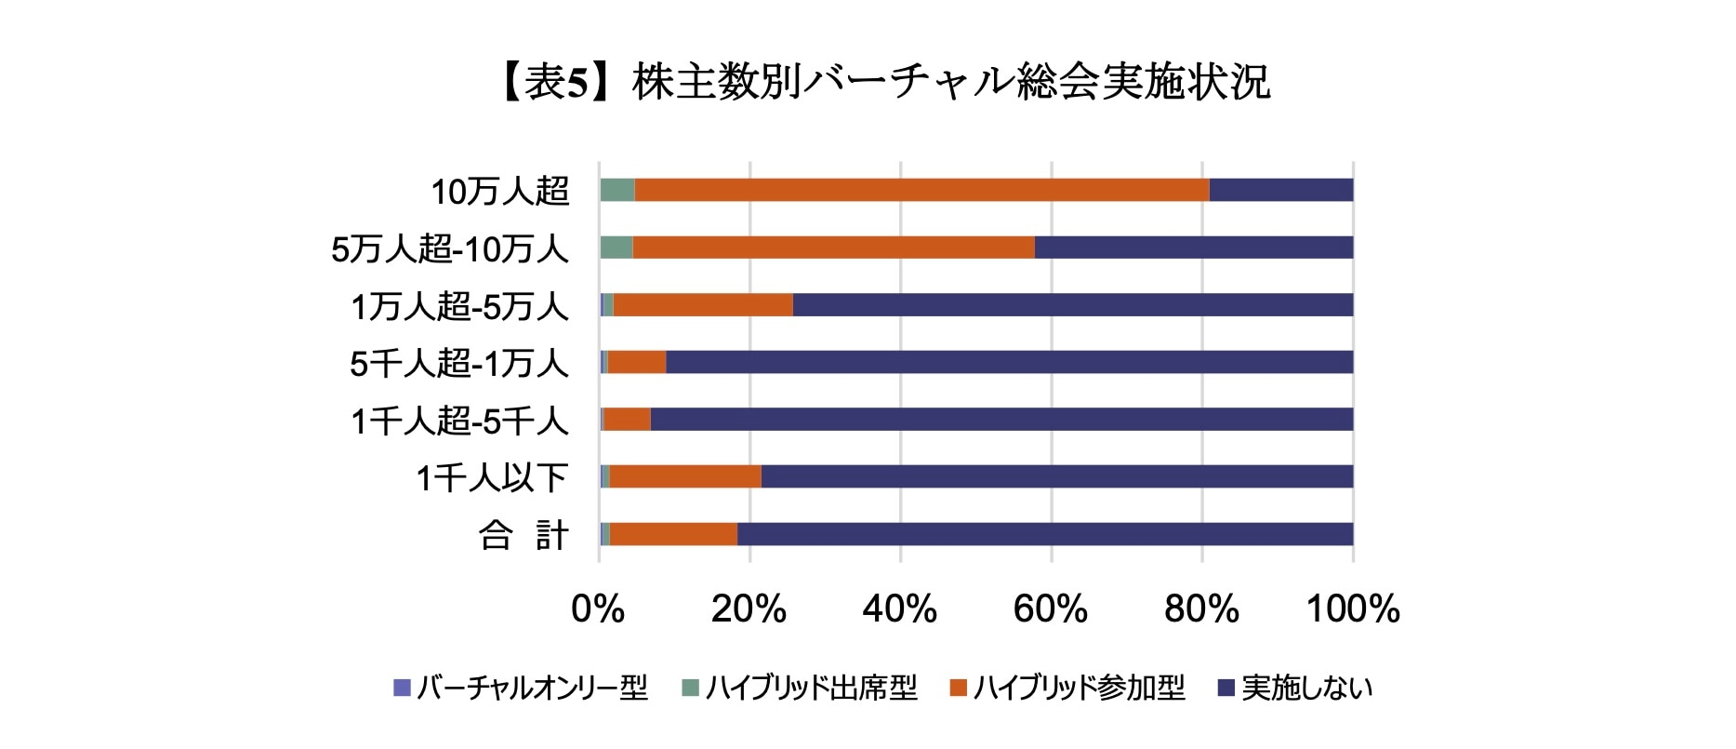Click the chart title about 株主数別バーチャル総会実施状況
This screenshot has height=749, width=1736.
pyautogui.click(x=883, y=83)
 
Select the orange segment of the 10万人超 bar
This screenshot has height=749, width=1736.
pyautogui.click(x=921, y=190)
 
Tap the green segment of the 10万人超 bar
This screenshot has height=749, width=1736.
pyautogui.click(x=617, y=190)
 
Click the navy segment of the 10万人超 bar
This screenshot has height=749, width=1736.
pyautogui.click(x=1280, y=190)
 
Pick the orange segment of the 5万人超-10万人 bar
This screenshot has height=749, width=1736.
pyautogui.click(x=833, y=247)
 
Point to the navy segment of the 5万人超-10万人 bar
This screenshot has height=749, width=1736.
pyautogui.click(x=1193, y=247)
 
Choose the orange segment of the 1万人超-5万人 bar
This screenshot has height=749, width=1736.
pyautogui.click(x=703, y=305)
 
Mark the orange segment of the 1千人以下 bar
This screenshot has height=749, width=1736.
pyautogui.click(x=685, y=476)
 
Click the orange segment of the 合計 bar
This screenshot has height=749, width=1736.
pyautogui.click(x=673, y=534)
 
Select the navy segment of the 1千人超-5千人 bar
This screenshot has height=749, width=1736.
pyautogui.click(x=1001, y=420)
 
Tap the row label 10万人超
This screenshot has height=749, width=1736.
pyautogui.click(x=499, y=192)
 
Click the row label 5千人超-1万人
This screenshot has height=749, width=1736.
pyautogui.click(x=458, y=364)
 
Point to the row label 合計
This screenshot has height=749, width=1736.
pyautogui.click(x=523, y=535)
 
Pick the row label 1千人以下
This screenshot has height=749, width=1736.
pyautogui.click(x=492, y=478)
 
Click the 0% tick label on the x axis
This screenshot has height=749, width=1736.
pyautogui.click(x=598, y=609)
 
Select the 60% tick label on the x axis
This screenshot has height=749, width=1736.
pyautogui.click(x=1051, y=609)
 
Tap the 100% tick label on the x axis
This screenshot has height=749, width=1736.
pyautogui.click(x=1353, y=609)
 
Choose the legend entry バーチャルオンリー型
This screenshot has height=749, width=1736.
pyautogui.click(x=521, y=689)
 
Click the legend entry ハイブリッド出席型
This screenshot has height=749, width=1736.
pyautogui.click(x=800, y=689)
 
